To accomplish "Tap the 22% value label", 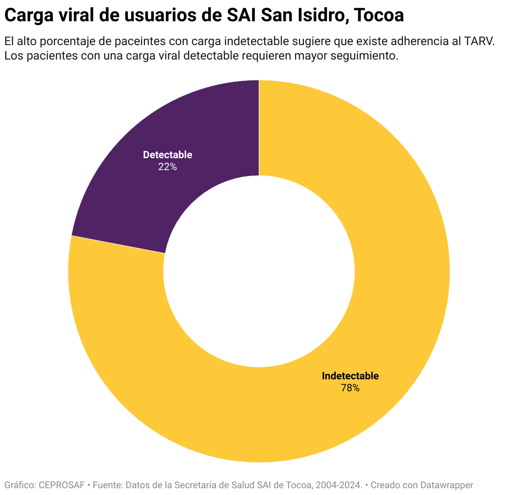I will (x=167, y=167).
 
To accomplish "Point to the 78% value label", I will (x=350, y=388).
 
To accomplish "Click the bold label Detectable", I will (x=167, y=155).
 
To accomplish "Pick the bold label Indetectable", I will (x=350, y=376).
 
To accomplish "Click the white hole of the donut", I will (x=259, y=271).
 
